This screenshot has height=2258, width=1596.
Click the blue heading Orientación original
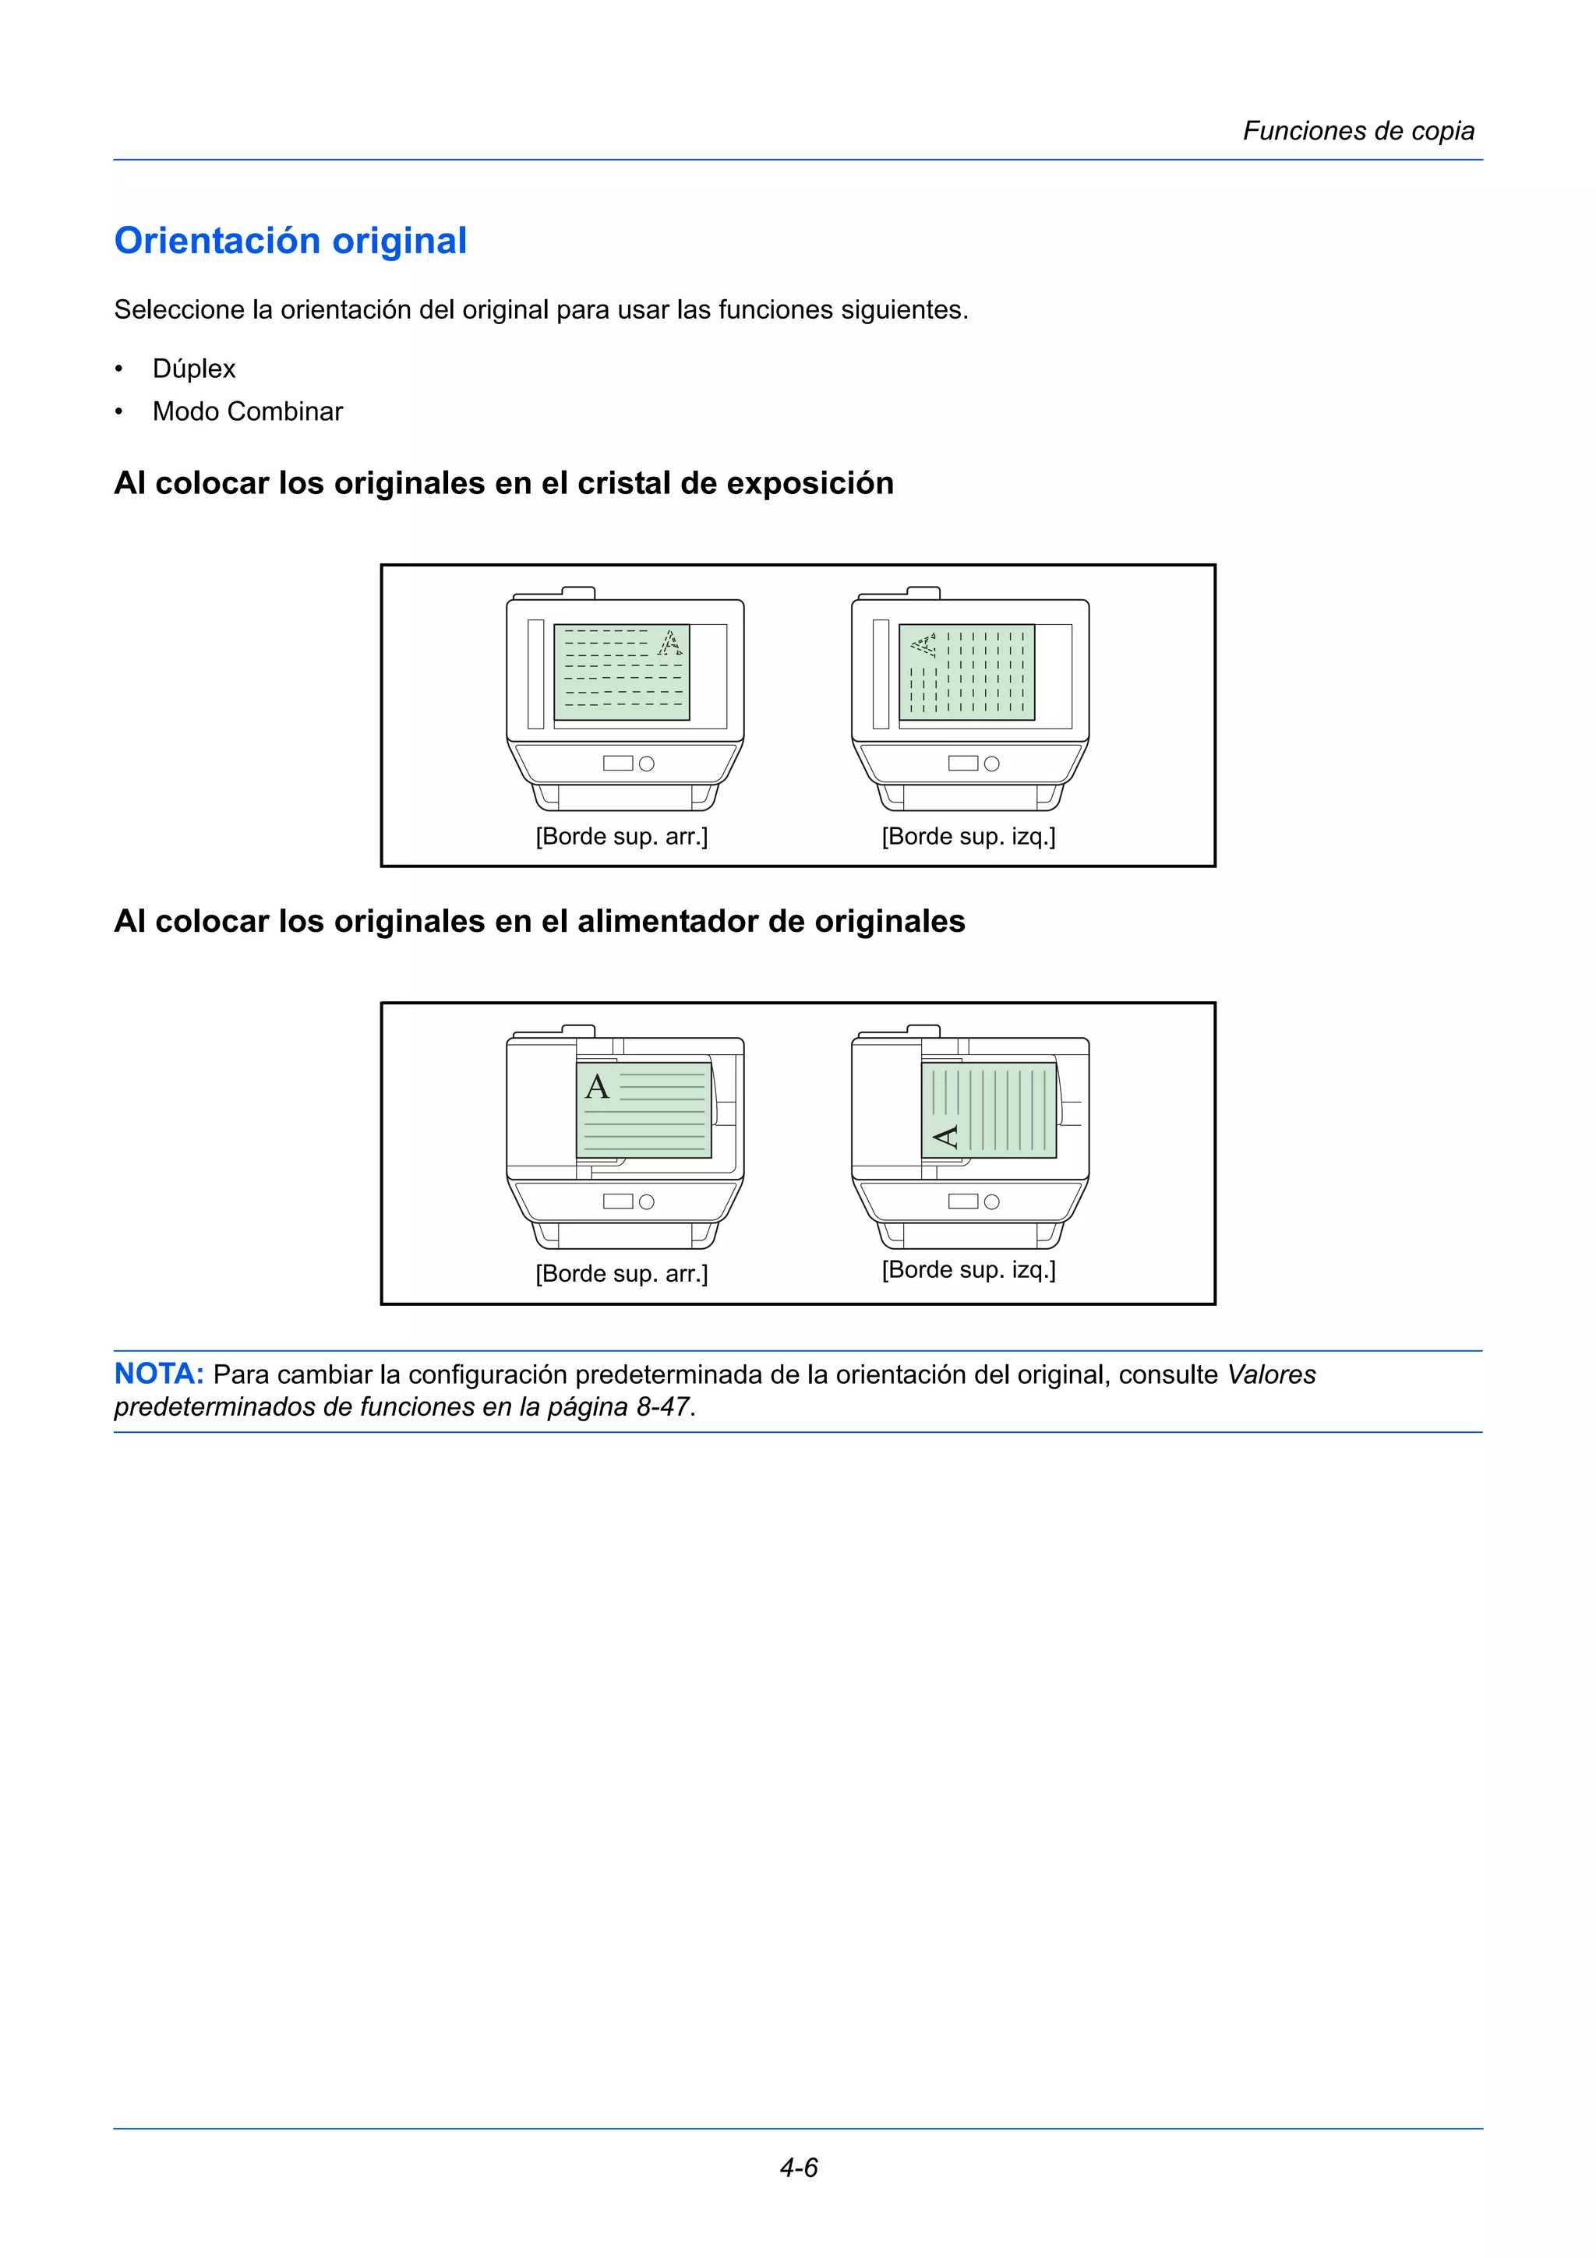point(290,241)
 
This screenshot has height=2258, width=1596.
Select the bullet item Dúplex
point(194,369)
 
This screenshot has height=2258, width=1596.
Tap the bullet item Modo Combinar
point(247,411)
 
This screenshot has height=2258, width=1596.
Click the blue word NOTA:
point(158,1374)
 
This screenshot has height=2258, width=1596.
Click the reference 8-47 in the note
point(662,1407)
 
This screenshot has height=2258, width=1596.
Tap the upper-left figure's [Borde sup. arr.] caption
point(621,837)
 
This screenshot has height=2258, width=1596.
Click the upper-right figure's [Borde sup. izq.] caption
point(968,837)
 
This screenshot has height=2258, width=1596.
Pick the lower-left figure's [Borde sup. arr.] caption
point(621,1274)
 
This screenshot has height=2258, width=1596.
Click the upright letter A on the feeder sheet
point(597,1087)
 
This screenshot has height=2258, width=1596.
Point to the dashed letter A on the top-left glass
point(669,642)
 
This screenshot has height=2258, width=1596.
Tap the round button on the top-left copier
point(646,764)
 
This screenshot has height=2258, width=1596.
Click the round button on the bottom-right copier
point(991,1201)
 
